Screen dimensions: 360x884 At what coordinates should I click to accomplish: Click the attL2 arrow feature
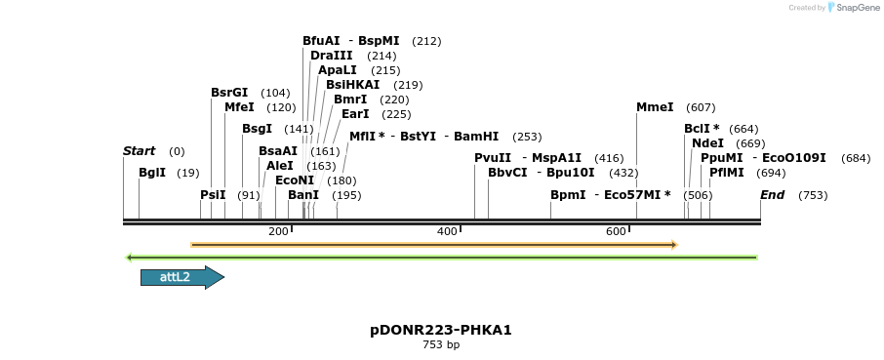pos(181,278)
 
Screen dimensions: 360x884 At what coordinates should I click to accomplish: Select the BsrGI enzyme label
pos(229,93)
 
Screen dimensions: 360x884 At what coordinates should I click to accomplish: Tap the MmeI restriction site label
pos(655,107)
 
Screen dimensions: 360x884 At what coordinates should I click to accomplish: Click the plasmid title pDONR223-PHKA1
pos(441,330)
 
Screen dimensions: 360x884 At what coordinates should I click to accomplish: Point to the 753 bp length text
pos(441,345)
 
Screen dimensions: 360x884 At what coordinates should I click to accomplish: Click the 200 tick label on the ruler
pos(278,231)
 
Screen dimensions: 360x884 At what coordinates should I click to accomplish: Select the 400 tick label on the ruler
pos(447,231)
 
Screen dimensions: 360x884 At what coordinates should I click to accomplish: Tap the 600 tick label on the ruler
pos(616,231)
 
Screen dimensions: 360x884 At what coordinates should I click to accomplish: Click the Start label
pos(140,151)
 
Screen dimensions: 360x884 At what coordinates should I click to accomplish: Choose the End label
pos(773,195)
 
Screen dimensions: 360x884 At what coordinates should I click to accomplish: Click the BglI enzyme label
pos(152,173)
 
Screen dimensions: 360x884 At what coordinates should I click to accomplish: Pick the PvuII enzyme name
pos(493,158)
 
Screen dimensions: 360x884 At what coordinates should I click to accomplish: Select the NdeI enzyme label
pos(707,143)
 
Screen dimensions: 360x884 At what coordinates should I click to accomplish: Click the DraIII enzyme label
pos(331,56)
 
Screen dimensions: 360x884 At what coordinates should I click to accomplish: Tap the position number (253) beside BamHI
pos(527,137)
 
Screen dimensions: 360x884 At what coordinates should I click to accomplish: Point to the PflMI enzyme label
pos(727,173)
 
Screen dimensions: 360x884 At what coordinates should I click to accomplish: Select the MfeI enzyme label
pos(239,107)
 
